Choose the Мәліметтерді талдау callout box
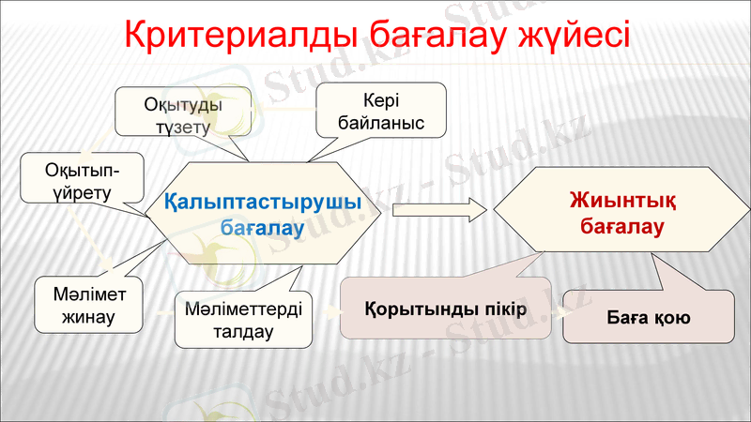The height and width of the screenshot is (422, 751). pos(242,320)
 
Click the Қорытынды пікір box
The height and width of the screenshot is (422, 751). pos(445,308)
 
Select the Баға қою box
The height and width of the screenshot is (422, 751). pos(648,317)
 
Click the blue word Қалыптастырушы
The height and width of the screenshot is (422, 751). pos(263,202)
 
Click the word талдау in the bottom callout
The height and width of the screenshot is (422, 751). pos(243,331)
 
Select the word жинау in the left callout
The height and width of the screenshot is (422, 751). pos(88,316)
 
